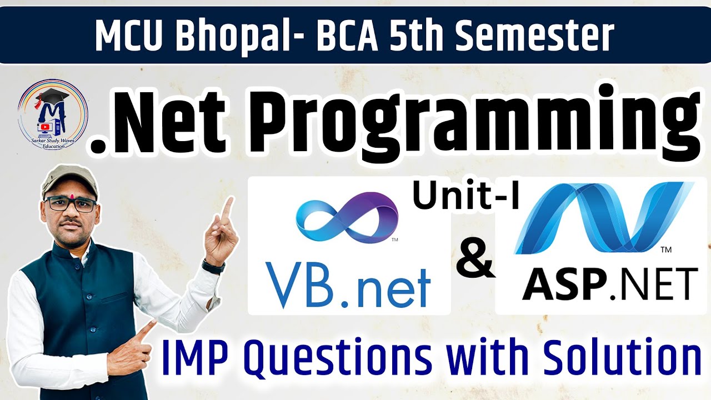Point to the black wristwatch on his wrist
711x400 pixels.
pos(213,266)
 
